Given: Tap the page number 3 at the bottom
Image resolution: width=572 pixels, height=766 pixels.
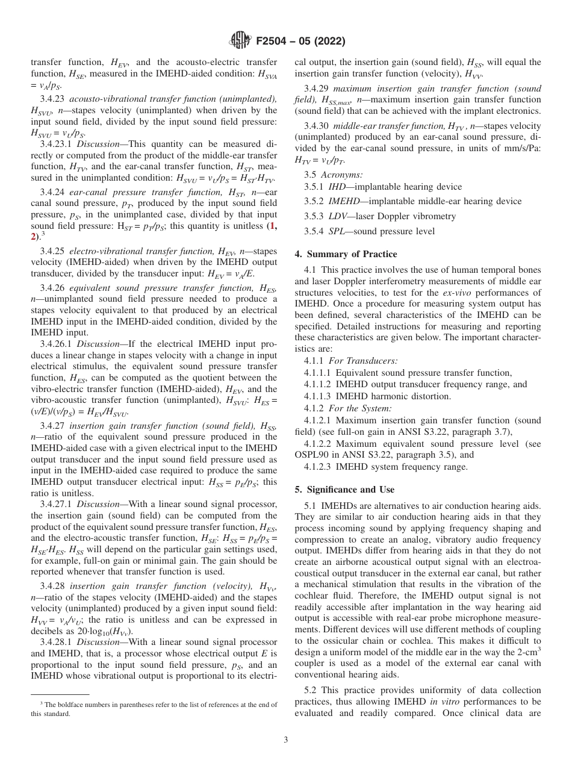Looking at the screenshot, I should click(x=286, y=740).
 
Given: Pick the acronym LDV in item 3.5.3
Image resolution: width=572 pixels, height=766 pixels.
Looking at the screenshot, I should click(x=338, y=216).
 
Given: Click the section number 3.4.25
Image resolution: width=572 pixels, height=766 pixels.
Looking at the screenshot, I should click(x=54, y=250).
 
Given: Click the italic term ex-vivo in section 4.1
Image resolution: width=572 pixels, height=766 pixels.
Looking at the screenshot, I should click(x=457, y=293).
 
